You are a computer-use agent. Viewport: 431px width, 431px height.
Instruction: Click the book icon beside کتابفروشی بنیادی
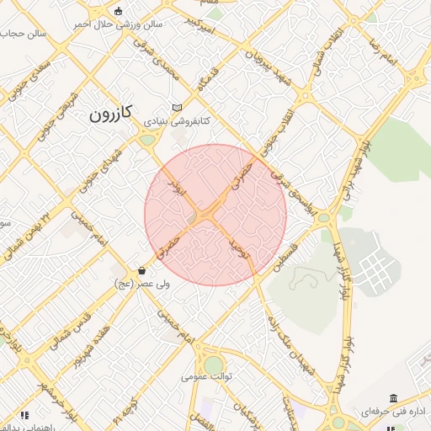[x=176, y=108]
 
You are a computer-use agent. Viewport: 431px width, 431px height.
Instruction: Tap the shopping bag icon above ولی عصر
[x=141, y=271]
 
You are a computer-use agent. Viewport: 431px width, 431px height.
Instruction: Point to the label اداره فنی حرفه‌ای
[x=395, y=412]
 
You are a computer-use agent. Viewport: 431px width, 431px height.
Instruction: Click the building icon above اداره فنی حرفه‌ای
[x=393, y=398]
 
